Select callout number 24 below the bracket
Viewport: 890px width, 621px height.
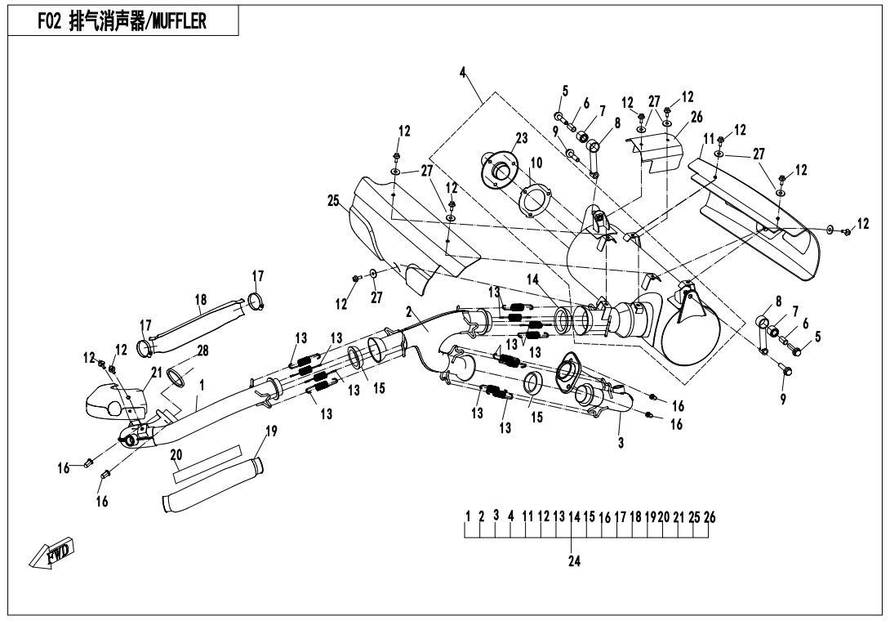[573, 561]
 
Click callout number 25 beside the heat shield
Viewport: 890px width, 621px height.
[332, 199]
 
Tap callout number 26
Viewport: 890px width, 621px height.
[696, 116]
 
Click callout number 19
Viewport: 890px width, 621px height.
[269, 431]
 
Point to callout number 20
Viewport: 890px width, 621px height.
[176, 454]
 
